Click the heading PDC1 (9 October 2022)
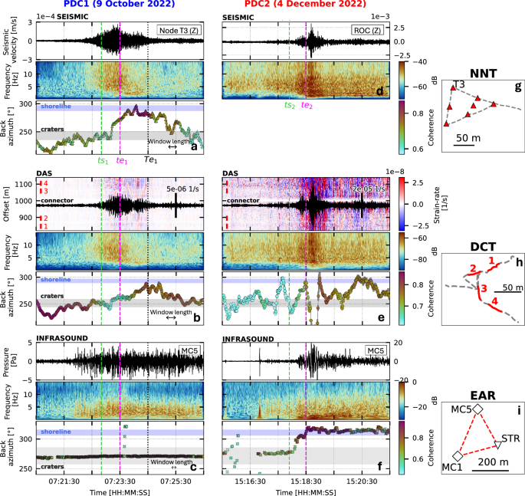(x=121, y=5)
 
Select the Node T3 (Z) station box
(x=178, y=30)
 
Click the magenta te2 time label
(x=307, y=106)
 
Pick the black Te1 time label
(x=151, y=160)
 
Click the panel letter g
(x=518, y=87)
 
